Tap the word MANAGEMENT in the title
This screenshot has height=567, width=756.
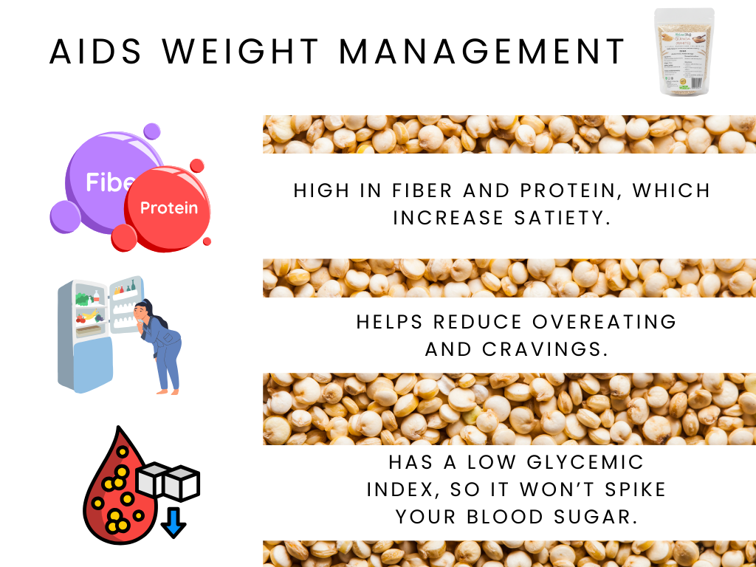484,52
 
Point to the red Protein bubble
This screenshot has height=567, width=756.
169,207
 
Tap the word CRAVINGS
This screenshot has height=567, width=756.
546,349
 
